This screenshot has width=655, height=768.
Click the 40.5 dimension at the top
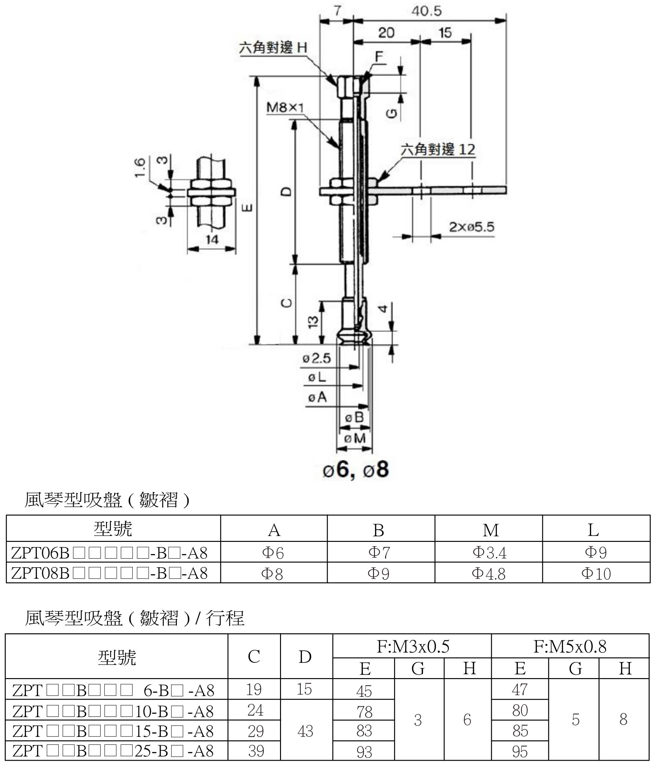(426, 11)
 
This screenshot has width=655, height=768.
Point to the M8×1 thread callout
(285, 108)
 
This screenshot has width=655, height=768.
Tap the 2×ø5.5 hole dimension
(471, 226)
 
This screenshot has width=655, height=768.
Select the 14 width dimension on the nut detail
(212, 240)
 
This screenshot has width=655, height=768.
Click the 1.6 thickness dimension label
(140, 167)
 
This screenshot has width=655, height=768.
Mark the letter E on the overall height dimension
(248, 208)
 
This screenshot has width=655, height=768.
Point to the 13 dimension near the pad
(313, 321)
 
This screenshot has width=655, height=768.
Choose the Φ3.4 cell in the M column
(489, 552)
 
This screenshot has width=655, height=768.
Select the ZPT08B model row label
(110, 573)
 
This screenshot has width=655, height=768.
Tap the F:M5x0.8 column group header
(570, 647)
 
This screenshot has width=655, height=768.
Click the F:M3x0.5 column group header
(413, 647)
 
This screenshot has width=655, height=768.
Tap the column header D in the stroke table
(305, 657)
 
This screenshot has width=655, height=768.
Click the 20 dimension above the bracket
(386, 33)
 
